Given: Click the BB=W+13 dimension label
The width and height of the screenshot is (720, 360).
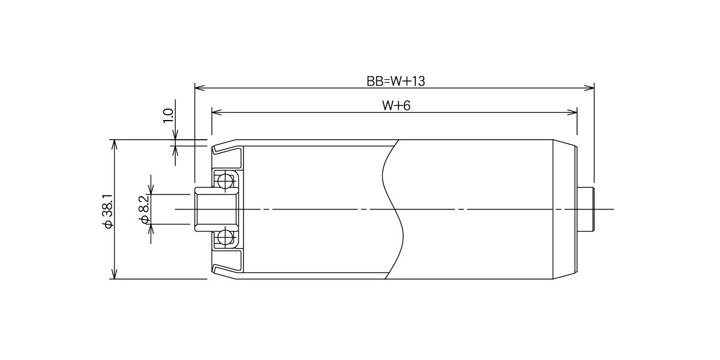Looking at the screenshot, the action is (395, 81).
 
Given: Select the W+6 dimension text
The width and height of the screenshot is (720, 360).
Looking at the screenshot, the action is (396, 106).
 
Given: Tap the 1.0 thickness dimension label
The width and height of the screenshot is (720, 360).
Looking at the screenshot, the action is (168, 116).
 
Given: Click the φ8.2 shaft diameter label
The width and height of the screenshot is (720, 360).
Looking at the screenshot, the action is (144, 209).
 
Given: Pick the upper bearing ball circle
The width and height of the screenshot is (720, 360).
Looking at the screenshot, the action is (225, 181).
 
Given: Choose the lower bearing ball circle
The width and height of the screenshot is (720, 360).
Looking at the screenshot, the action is (225, 238).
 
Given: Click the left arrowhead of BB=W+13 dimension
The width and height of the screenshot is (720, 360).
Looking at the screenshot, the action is (200, 88).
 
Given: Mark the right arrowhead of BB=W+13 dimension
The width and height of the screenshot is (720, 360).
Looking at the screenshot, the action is (589, 88).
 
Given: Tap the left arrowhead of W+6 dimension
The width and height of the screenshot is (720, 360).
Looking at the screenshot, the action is (217, 112).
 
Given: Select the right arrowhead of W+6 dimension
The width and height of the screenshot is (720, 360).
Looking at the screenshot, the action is (572, 112).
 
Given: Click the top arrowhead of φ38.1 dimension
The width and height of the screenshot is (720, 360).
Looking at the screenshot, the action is (114, 145).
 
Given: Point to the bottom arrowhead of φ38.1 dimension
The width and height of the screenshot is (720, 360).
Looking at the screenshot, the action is (114, 274).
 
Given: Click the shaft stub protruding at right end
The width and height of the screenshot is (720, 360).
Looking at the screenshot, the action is (586, 209).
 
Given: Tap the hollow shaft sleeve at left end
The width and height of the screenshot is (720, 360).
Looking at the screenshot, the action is (217, 209).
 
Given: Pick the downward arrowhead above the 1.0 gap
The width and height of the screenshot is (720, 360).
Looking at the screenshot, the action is (175, 134).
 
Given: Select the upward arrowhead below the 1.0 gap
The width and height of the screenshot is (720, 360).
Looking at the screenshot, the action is (175, 151).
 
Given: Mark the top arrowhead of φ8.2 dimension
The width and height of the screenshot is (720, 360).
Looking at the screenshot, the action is (151, 190).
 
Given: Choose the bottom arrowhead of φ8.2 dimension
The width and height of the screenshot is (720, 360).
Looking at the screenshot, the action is (151, 229).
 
